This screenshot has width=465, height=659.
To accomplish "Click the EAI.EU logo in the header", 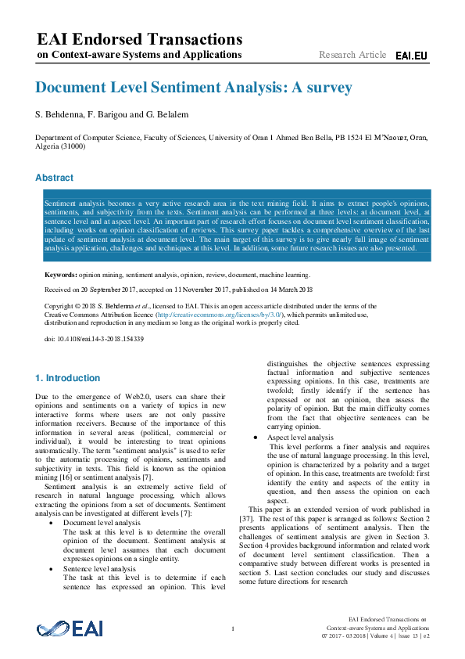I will coord(411,56).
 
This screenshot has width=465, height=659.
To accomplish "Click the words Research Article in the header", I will coord(352,55).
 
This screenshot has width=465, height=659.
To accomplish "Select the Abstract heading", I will coord(55,178).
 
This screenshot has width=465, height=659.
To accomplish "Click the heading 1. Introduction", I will coord(68,377).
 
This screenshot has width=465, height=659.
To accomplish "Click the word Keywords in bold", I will coord(60,275).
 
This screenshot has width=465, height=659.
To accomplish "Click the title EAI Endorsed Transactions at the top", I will coord(140,39).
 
